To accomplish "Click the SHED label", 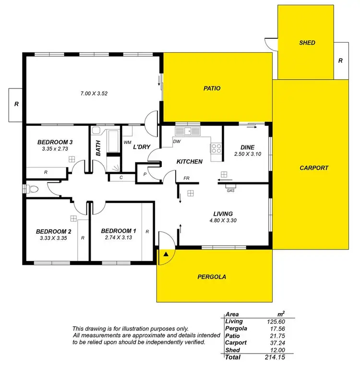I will pos(307,43).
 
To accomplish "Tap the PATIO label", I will pos(212,88).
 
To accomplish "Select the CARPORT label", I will pos(314,168).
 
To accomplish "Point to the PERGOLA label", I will pos(212,277).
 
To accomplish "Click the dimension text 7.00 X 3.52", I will pos(94,94).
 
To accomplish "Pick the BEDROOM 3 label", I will pos(55,142).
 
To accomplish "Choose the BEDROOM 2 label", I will pos(54,231).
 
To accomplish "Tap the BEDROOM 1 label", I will pos(120,231).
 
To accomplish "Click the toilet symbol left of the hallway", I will pos(33,189).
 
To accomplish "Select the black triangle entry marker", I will pos(166,254).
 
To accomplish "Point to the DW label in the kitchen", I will pos(177,142).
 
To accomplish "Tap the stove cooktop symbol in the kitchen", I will pos(216,148).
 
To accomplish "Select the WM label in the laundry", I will pos(128,142).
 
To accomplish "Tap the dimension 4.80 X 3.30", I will pos(224,221).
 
